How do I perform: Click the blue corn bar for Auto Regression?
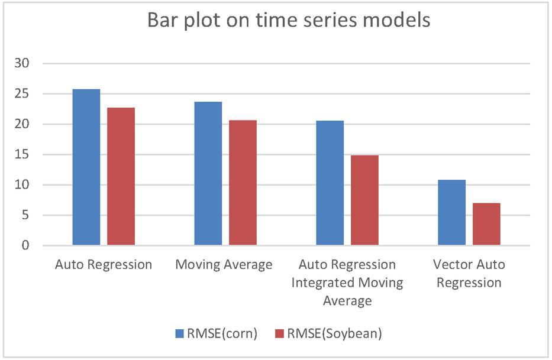(x=86, y=167)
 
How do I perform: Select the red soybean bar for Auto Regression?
(x=121, y=176)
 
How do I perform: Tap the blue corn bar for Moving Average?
(x=208, y=173)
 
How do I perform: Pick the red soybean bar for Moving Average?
(x=243, y=183)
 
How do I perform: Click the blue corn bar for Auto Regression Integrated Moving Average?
(x=330, y=183)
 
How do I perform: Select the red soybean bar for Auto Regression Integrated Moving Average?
(x=364, y=200)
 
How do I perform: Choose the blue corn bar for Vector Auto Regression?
(x=451, y=213)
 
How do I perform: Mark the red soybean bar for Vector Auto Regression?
(x=486, y=224)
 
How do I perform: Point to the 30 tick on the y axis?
(x=22, y=63)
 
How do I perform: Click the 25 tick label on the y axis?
(x=22, y=94)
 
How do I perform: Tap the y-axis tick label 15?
(x=22, y=154)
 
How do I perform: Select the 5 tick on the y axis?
(x=25, y=215)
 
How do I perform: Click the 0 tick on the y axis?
(x=25, y=245)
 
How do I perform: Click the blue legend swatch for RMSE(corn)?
(x=179, y=333)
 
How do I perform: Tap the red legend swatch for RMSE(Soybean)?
(x=279, y=333)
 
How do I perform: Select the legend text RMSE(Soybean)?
(x=334, y=333)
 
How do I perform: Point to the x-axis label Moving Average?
(x=224, y=265)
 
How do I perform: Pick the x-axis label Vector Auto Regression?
(x=469, y=274)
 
